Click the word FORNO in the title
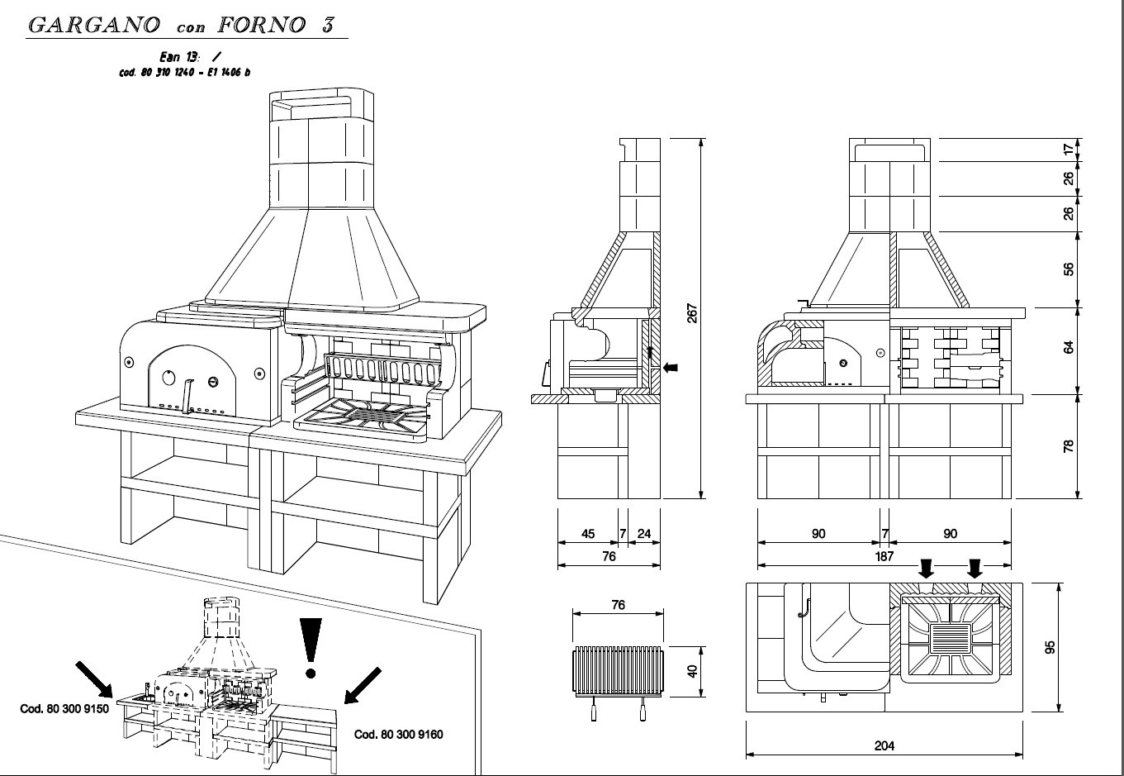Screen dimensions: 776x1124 (261, 25)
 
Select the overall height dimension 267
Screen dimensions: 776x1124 (692, 314)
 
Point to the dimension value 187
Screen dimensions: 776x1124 (884, 557)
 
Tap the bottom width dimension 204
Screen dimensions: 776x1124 (884, 745)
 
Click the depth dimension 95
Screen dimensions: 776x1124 (1050, 646)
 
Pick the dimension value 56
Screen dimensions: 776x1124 (1069, 269)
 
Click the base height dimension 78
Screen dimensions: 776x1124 (1069, 445)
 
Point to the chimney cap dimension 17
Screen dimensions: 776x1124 (1069, 150)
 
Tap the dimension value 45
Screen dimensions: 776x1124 (588, 534)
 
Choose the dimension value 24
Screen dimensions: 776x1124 (644, 534)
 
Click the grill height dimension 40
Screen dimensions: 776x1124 (693, 670)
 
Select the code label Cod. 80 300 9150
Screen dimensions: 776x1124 (64, 709)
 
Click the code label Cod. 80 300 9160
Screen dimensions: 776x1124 (399, 734)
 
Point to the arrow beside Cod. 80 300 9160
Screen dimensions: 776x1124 (362, 685)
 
